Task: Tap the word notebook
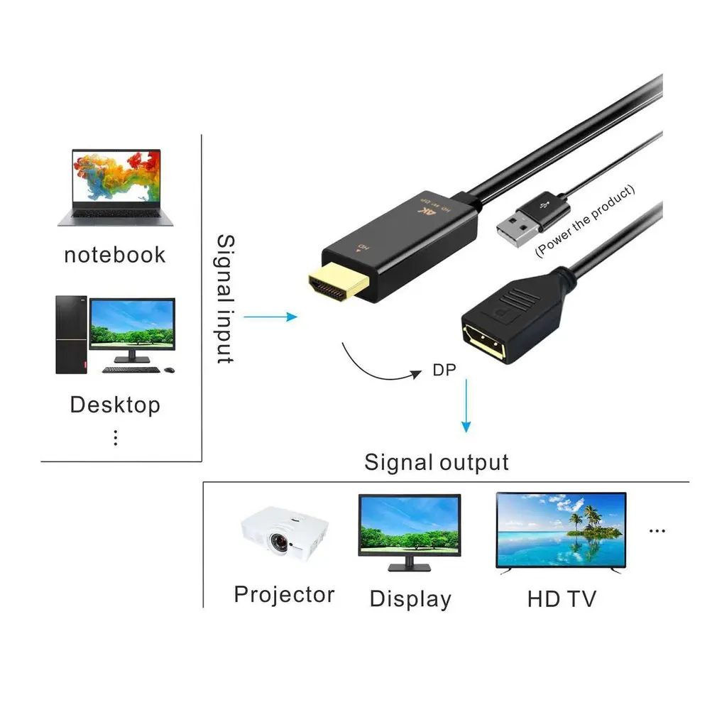point(114,255)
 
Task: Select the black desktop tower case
point(71,334)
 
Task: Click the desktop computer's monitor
point(131,324)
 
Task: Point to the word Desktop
point(115,405)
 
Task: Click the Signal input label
point(225,299)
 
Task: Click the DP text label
point(444,370)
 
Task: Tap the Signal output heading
point(437,463)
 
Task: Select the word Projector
point(284,594)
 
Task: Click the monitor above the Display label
point(409,527)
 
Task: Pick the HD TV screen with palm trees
point(561,530)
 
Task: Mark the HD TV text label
point(562,598)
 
